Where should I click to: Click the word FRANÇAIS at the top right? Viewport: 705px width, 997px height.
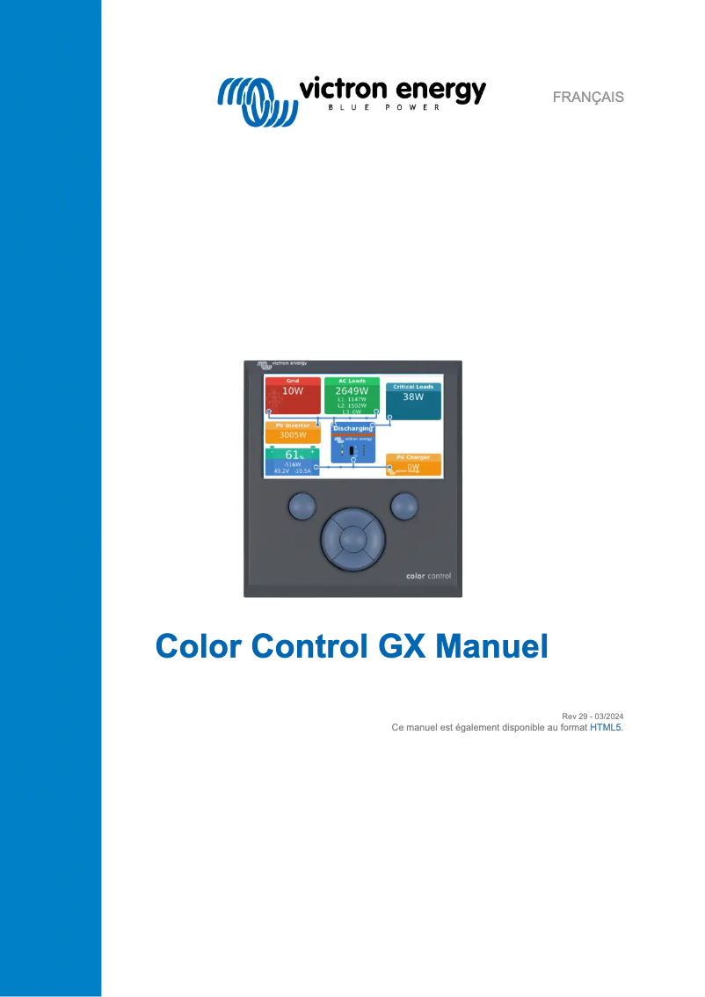[x=588, y=97]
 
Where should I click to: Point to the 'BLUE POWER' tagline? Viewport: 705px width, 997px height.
[x=392, y=109]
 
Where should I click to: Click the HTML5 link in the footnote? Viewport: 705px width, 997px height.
[x=606, y=728]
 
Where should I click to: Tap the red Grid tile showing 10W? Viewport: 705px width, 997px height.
[x=293, y=396]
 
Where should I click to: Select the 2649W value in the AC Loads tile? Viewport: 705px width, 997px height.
[x=352, y=390]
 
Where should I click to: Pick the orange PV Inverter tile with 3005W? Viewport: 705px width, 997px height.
[x=293, y=432]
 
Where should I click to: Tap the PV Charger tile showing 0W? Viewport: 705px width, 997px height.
[x=413, y=464]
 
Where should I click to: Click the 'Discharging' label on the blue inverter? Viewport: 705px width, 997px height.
[x=352, y=429]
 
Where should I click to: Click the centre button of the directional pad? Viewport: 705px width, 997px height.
[x=352, y=539]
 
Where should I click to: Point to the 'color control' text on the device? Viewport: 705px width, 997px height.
[x=428, y=576]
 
